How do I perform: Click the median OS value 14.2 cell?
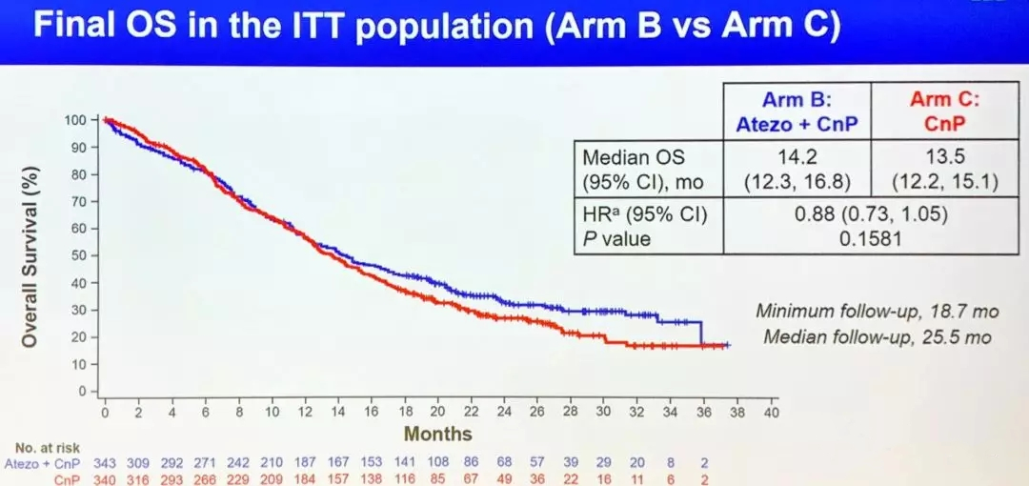[x=797, y=170]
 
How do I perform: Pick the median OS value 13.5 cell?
[x=945, y=170]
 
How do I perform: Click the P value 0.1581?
[x=871, y=238]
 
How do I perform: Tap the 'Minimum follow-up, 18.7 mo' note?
[x=878, y=311]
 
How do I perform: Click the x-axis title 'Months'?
[x=437, y=434]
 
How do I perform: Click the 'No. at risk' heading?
[x=51, y=449]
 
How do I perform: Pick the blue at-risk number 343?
[x=105, y=464]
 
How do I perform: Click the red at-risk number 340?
[x=105, y=479]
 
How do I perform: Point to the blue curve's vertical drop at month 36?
[x=701, y=333]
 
